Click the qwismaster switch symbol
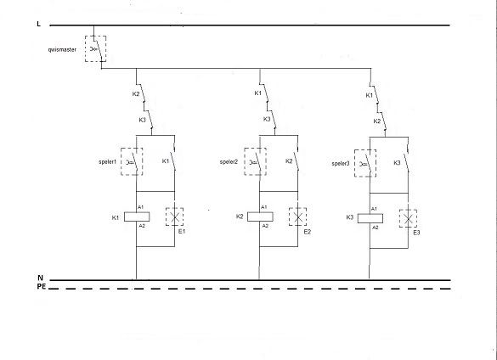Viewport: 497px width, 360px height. coord(95,48)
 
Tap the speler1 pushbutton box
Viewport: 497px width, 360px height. coord(132,161)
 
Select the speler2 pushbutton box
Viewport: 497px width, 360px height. coord(255,161)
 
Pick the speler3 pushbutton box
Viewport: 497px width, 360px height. coord(365,163)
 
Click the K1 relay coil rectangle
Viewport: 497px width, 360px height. coord(137,217)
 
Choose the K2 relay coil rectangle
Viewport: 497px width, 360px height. coord(260,217)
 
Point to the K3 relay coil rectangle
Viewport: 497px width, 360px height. coord(370,218)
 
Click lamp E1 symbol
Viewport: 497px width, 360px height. coord(174,217)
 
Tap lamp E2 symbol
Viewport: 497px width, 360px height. coord(297,217)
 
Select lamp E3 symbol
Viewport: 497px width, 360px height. coord(408,218)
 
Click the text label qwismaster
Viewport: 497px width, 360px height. coord(62,50)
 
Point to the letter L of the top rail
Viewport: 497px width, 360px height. coord(39,24)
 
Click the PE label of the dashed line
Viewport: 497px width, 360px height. coord(42,286)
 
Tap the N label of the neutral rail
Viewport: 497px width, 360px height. coord(40,278)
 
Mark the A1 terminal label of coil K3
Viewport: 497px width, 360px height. coord(374,209)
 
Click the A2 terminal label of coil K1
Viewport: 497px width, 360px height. coord(142,226)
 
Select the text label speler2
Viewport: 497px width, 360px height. coord(229,162)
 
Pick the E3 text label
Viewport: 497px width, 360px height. coord(416,233)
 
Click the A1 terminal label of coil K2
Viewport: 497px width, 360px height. coord(263,207)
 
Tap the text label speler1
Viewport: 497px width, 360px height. coord(107,161)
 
